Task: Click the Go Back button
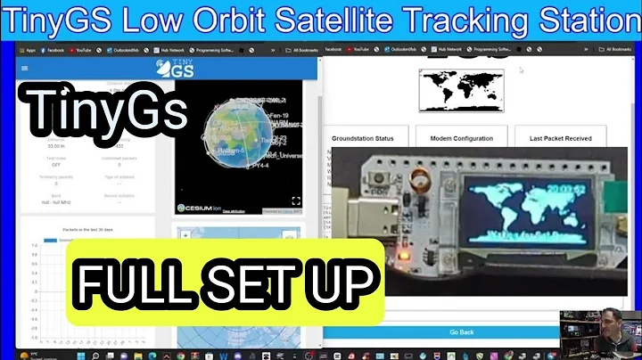click(x=461, y=331)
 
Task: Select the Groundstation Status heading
click(x=363, y=139)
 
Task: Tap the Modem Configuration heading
click(x=461, y=139)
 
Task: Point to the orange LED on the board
click(x=403, y=259)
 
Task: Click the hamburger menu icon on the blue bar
click(x=23, y=68)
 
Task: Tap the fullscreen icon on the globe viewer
click(x=296, y=201)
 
